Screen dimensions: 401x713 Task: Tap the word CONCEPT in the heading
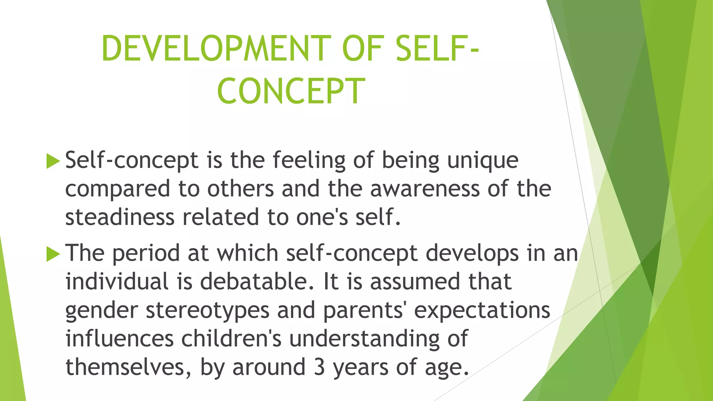click(x=291, y=91)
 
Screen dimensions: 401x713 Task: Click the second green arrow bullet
click(x=53, y=254)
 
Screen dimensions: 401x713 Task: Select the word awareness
click(x=424, y=189)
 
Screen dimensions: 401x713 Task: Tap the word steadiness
click(x=120, y=217)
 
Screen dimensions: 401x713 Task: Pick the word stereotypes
click(x=207, y=310)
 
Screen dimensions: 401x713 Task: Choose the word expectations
click(x=482, y=310)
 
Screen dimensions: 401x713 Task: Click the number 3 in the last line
click(x=319, y=367)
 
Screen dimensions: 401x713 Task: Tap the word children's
click(x=231, y=339)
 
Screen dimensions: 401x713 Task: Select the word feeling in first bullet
click(x=309, y=161)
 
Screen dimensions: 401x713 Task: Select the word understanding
click(x=364, y=339)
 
